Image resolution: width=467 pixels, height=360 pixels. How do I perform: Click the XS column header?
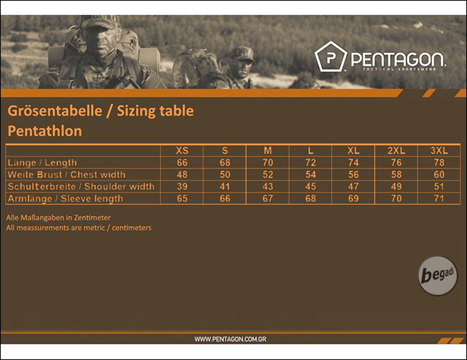[182, 151]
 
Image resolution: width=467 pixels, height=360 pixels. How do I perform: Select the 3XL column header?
[439, 151]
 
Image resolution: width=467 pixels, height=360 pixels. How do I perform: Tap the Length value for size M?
[268, 162]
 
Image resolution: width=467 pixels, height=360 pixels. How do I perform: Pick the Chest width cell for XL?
[353, 174]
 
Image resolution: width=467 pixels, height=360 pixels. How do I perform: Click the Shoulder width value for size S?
[225, 186]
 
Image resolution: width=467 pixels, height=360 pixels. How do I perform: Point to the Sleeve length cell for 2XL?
[396, 198]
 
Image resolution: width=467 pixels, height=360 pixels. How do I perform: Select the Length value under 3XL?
[439, 162]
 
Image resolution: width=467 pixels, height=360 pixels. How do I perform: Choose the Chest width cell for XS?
[182, 174]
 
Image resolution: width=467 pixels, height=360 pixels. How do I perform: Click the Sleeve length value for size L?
[311, 198]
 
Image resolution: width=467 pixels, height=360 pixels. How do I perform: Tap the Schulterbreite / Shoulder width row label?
[81, 186]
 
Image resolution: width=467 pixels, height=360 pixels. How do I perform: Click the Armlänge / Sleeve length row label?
[65, 199]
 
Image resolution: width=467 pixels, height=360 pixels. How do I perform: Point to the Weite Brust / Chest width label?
[66, 174]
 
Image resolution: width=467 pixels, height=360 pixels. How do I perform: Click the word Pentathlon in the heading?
[45, 131]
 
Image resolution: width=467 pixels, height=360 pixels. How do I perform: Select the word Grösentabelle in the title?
[55, 111]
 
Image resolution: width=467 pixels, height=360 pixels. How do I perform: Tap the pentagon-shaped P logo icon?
[331, 56]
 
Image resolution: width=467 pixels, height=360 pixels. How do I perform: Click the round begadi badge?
[437, 276]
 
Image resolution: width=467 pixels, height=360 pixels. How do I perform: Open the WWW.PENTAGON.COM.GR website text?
[230, 339]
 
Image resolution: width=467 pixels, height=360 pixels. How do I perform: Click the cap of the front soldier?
[99, 22]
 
